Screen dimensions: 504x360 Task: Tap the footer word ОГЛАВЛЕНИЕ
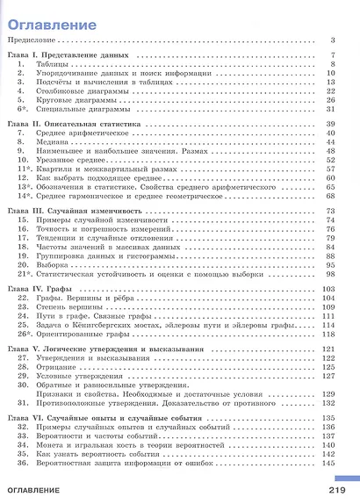36,490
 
